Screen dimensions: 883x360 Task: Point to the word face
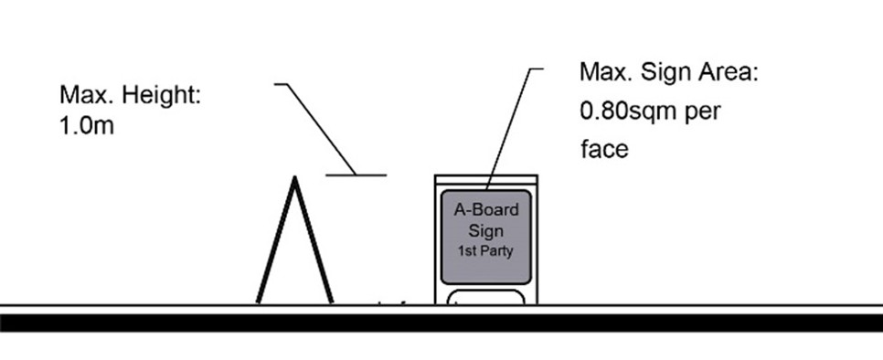(604, 149)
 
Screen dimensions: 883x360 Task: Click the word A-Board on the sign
(486, 210)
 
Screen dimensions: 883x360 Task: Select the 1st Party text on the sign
(485, 249)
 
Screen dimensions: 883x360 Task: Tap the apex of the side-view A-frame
(294, 179)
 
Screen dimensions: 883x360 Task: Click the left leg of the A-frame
(275, 242)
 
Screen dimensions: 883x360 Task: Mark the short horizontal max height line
(356, 174)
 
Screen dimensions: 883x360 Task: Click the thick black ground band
(441, 322)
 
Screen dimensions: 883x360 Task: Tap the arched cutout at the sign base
(485, 295)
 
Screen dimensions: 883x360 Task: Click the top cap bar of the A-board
(485, 178)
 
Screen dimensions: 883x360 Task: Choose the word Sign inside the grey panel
(486, 230)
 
